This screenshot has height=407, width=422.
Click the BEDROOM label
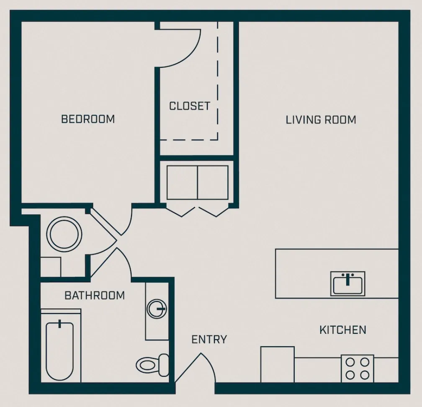tap(88, 119)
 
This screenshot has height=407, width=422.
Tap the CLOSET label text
tap(189, 106)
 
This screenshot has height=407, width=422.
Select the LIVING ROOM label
tap(321, 120)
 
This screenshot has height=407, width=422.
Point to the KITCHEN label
tap(342, 330)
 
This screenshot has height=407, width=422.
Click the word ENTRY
tap(209, 339)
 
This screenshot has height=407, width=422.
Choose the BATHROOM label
tap(95, 296)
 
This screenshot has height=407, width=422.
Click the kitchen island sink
tap(347, 283)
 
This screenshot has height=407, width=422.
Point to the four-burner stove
tap(357, 368)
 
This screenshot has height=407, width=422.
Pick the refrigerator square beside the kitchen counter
tap(277, 364)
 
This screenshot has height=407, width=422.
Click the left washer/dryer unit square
tap(182, 183)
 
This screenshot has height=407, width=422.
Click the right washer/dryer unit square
tap(213, 183)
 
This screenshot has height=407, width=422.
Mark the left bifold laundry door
tap(182, 211)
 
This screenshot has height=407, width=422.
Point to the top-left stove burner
tap(350, 362)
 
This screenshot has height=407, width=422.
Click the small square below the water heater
tap(51, 267)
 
